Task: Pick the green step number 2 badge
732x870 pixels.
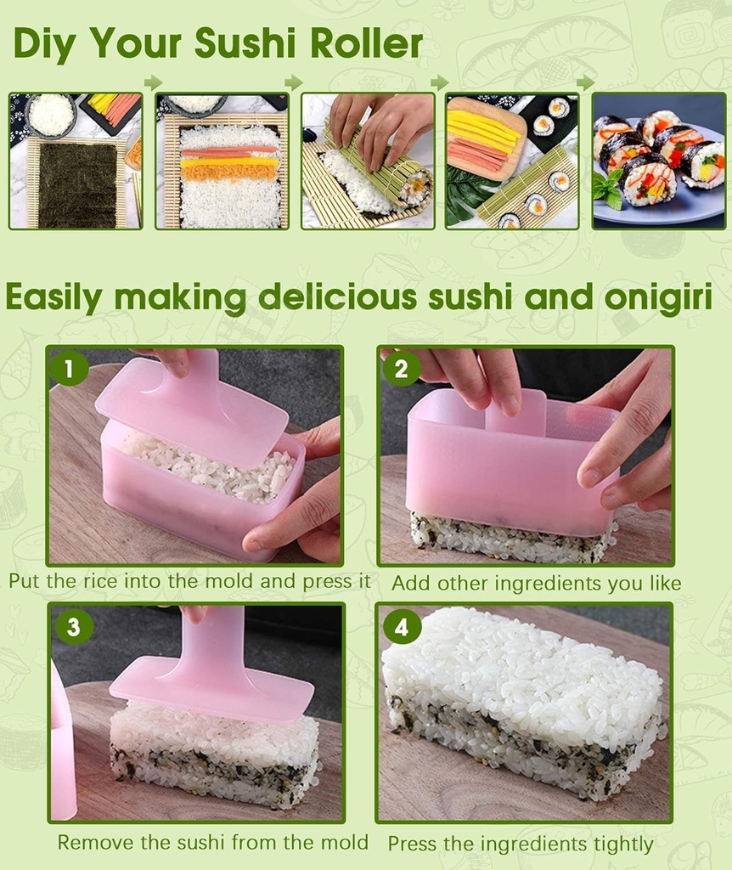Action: (401, 368)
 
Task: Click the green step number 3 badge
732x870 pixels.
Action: (73, 627)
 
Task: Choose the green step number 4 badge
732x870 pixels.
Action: (402, 627)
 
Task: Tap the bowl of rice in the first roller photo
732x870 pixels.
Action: (51, 114)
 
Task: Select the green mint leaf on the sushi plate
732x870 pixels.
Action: (607, 187)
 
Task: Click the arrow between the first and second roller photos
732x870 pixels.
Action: (153, 82)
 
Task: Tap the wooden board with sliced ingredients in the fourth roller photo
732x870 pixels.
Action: (487, 136)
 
